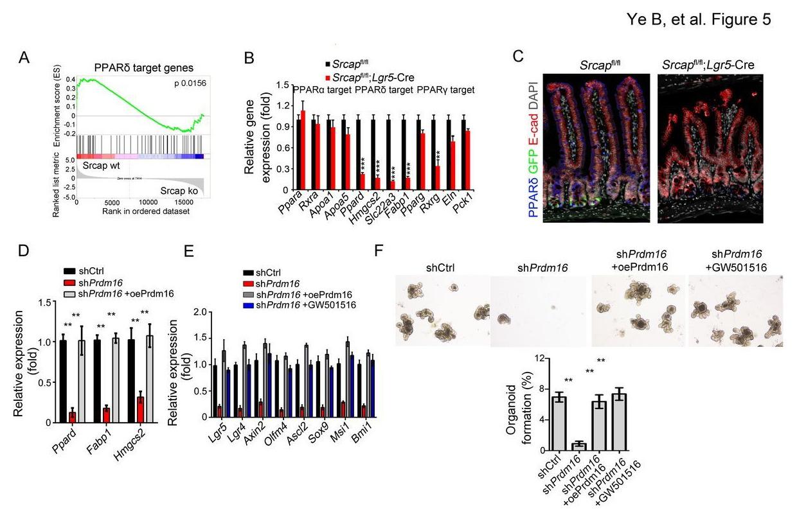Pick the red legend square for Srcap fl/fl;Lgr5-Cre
click(x=328, y=76)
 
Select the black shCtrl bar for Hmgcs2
click(x=132, y=381)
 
